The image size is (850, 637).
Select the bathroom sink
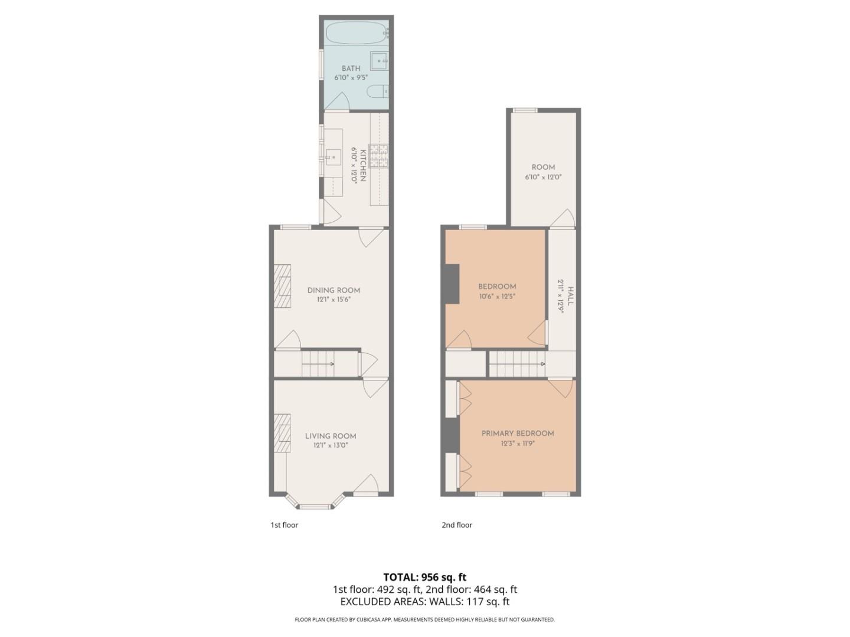pyautogui.click(x=379, y=60)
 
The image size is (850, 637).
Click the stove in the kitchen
pyautogui.click(x=379, y=154)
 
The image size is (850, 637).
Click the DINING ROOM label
pyautogui.click(x=334, y=290)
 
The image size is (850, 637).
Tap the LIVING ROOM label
pyautogui.click(x=331, y=436)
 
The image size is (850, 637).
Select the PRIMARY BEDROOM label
pyautogui.click(x=518, y=434)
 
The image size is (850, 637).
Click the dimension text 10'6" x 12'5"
pyautogui.click(x=497, y=297)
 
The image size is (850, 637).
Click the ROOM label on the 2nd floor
pyautogui.click(x=543, y=168)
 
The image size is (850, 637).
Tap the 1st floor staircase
pyautogui.click(x=319, y=363)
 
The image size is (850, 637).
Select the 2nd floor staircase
pyautogui.click(x=517, y=363)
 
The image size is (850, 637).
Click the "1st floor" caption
pyautogui.click(x=285, y=525)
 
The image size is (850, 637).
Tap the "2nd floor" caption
pyautogui.click(x=457, y=525)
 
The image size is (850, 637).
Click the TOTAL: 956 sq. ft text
pyautogui.click(x=425, y=577)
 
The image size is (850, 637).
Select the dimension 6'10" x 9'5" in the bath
pyautogui.click(x=351, y=77)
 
